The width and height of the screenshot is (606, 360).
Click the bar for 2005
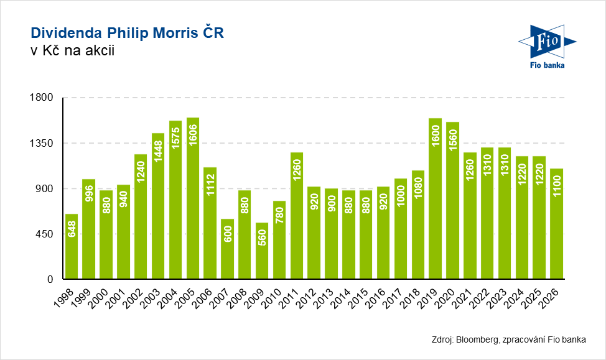tap(193, 198)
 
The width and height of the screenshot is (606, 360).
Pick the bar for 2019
tap(435, 199)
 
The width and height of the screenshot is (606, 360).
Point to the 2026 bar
tap(556, 224)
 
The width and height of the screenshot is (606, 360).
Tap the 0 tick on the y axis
tap(52, 279)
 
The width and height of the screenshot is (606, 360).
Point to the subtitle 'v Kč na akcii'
tap(72, 52)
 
